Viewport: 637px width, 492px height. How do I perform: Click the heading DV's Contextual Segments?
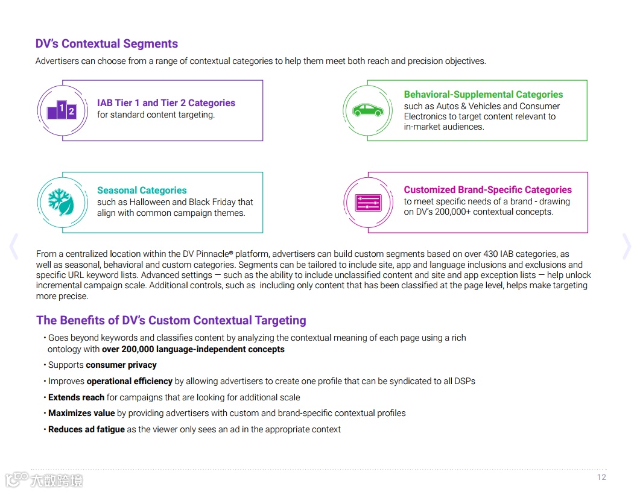click(107, 44)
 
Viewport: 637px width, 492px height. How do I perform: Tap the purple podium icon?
click(62, 111)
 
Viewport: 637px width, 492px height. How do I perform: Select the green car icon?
click(367, 110)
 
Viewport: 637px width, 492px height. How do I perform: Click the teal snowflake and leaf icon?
click(62, 202)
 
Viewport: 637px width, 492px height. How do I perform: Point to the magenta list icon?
click(368, 202)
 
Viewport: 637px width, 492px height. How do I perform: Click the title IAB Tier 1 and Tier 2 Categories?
click(166, 103)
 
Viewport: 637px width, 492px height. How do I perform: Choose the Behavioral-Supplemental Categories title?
click(483, 95)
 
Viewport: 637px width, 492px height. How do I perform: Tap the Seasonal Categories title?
click(142, 191)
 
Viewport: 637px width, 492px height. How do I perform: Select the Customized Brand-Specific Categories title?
click(487, 190)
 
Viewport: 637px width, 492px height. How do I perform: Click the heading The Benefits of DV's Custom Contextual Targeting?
click(171, 321)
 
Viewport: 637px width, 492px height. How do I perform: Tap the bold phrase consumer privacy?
click(121, 365)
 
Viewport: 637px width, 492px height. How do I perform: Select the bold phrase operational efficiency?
click(129, 381)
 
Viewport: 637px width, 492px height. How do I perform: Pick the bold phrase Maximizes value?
click(81, 413)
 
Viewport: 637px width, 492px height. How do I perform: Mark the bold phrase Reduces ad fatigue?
click(86, 429)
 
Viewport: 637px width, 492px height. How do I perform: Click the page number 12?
click(601, 477)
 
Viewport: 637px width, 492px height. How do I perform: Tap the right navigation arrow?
click(627, 247)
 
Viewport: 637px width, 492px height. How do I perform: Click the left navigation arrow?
click(14, 247)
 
